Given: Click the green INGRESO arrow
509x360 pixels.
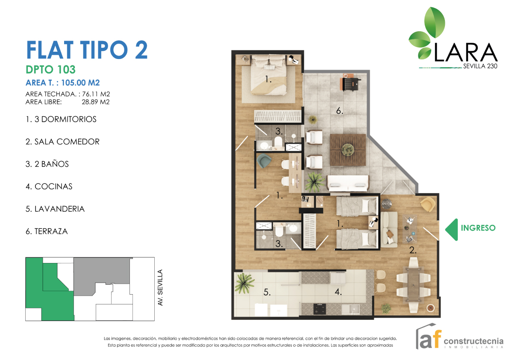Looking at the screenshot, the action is [x=452, y=230].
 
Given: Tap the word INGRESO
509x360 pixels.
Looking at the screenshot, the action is [x=478, y=228].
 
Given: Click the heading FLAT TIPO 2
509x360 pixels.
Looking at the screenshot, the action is [x=87, y=50].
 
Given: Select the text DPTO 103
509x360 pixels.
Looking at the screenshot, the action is [x=50, y=69].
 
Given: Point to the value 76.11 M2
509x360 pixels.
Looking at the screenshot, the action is [x=96, y=94].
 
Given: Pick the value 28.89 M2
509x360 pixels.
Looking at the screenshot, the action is [x=96, y=102].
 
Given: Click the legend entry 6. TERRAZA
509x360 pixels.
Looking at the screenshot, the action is [x=47, y=231].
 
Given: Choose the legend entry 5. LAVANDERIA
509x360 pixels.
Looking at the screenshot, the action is [x=55, y=209].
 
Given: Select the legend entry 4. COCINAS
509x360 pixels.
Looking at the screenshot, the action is [x=49, y=187].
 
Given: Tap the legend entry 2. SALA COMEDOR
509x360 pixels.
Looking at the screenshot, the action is [x=63, y=142].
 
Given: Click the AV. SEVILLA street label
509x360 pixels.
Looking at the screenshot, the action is [x=160, y=288].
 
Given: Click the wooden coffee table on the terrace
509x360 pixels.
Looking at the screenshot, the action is [x=347, y=150].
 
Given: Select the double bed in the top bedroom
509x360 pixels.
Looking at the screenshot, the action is [x=269, y=75].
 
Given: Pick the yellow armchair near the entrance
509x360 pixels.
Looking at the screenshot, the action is [x=428, y=205].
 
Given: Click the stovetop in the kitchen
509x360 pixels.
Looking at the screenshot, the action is [x=320, y=309].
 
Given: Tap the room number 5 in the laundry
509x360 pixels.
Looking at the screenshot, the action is [x=267, y=292].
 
